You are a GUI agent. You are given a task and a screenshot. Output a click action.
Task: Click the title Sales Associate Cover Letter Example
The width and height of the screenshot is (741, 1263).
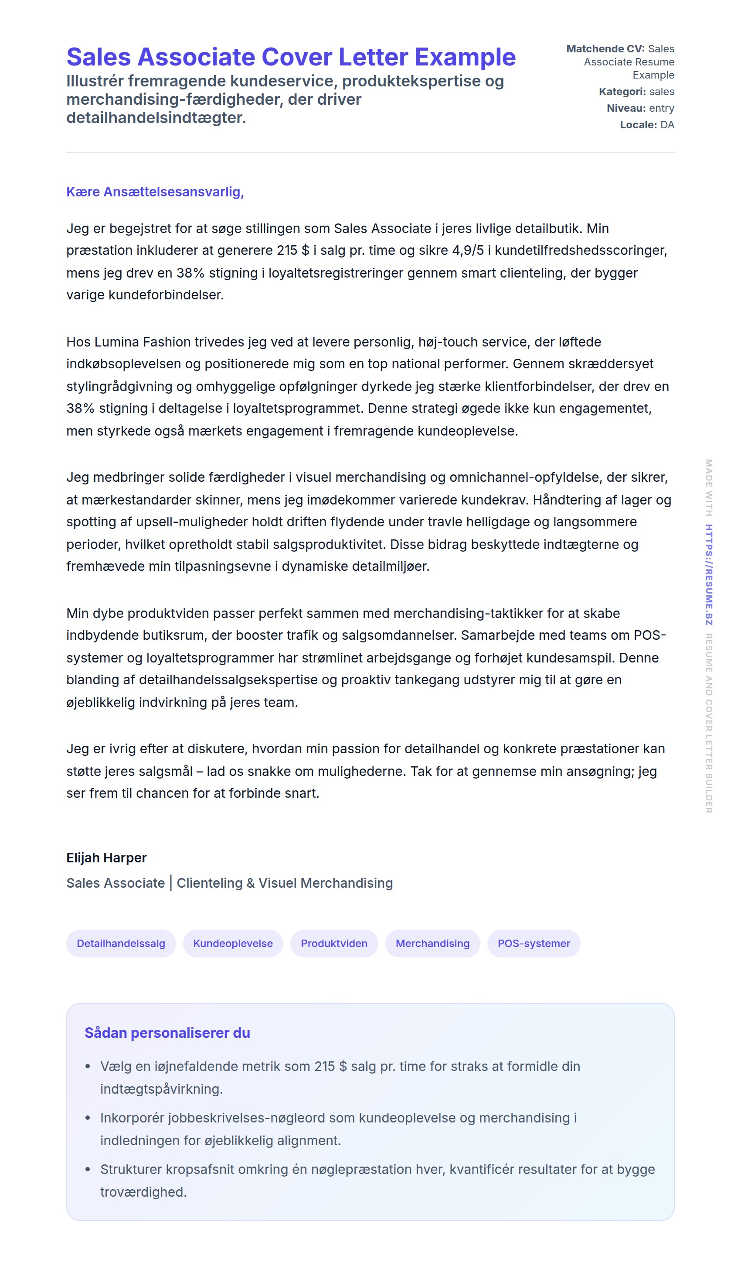click(x=291, y=57)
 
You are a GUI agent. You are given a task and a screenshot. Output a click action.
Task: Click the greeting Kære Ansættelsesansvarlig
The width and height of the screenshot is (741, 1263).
click(x=155, y=192)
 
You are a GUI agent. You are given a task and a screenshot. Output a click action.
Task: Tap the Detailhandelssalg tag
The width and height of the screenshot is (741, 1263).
click(x=121, y=943)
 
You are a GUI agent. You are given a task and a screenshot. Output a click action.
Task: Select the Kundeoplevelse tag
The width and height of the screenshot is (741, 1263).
click(x=233, y=943)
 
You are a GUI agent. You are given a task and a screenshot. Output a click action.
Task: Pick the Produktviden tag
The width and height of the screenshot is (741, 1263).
click(x=334, y=943)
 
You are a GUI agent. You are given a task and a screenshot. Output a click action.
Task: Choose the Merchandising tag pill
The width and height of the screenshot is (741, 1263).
click(x=432, y=943)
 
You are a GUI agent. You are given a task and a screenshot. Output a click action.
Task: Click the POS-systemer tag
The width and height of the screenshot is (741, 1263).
click(x=534, y=943)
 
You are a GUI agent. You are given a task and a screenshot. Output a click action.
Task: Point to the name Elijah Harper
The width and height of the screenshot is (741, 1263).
click(x=106, y=858)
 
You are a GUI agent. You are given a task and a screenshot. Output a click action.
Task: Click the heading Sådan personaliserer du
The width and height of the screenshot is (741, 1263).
click(x=167, y=1033)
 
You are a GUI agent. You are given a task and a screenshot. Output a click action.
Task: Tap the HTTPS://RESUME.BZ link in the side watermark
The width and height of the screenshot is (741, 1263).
click(x=709, y=574)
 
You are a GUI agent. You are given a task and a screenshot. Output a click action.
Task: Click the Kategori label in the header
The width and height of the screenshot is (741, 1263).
click(x=622, y=92)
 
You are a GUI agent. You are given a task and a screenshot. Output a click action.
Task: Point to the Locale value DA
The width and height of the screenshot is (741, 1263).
click(x=667, y=125)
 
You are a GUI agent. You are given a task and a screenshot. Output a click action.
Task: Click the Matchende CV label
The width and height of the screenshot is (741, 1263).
click(x=605, y=48)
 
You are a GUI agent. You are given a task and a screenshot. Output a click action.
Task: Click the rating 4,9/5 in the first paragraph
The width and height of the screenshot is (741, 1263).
click(x=468, y=251)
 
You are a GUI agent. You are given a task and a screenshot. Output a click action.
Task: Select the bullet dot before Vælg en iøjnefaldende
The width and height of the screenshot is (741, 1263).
click(x=88, y=1067)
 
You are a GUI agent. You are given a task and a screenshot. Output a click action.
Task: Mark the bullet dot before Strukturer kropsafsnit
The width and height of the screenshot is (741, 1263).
click(x=88, y=1170)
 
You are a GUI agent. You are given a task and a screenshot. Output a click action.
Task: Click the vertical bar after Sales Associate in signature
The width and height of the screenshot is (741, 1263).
click(x=171, y=883)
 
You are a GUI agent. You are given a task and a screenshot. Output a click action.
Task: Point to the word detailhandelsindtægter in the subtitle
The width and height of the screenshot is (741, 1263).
click(x=156, y=118)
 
